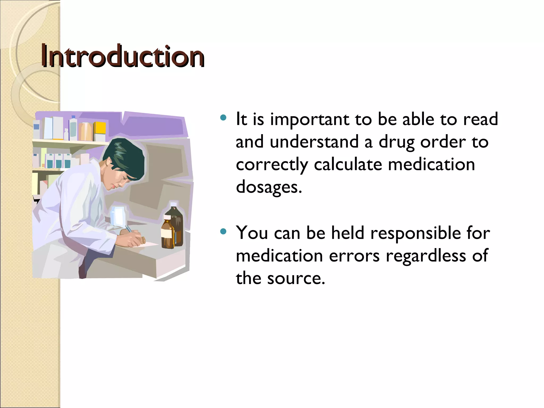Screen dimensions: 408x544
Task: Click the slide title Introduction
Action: (x=122, y=56)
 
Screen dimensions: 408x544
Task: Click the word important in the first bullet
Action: (x=309, y=119)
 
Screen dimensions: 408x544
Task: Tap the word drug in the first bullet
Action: (x=396, y=142)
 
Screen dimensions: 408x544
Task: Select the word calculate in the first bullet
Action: (x=348, y=165)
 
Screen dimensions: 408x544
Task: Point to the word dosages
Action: (x=269, y=187)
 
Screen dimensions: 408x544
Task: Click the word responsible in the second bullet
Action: (x=415, y=233)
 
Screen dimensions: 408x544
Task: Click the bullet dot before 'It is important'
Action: (x=223, y=118)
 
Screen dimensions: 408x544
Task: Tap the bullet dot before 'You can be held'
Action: (x=223, y=232)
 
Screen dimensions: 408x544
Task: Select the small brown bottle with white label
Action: (x=167, y=234)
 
